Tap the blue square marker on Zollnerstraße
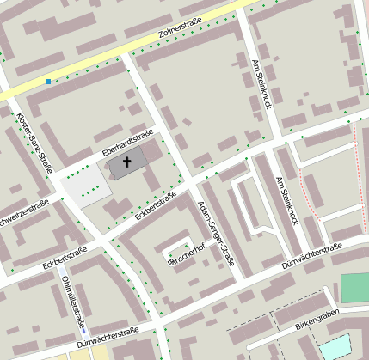(x=48, y=82)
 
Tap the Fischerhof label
(x=187, y=252)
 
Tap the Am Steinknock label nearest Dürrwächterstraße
(x=287, y=201)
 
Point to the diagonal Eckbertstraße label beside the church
(x=156, y=206)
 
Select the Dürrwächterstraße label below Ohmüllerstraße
(x=107, y=338)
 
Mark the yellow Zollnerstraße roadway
(x=103, y=60)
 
